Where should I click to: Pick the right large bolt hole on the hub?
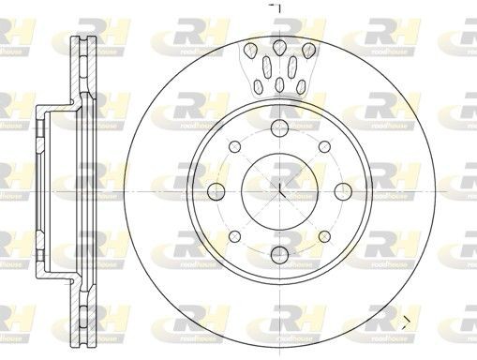343,191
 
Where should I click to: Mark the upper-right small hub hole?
324,148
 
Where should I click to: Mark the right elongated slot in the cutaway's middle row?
292,66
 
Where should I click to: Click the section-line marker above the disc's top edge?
277,7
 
